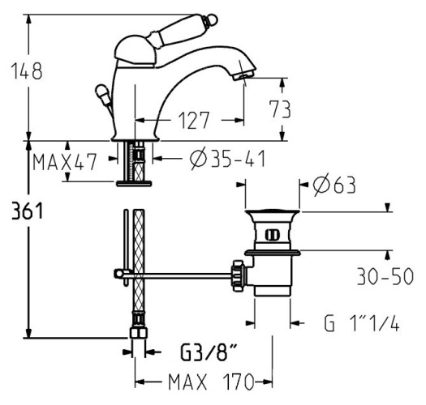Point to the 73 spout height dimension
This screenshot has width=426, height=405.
(x=282, y=109)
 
